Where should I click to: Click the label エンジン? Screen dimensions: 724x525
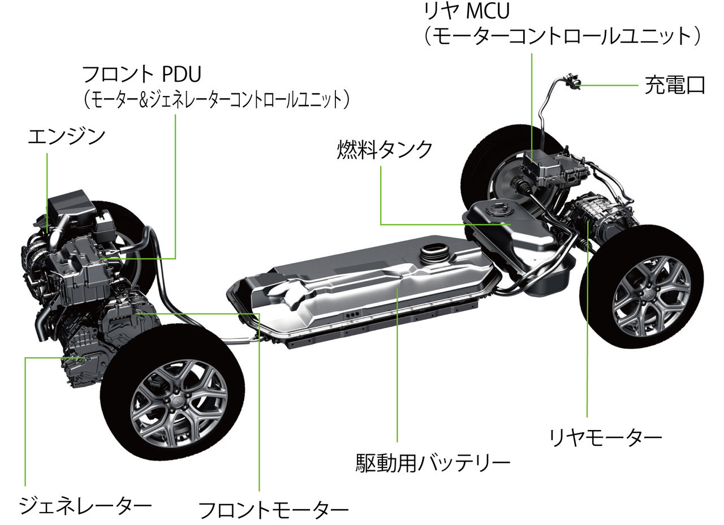(x=67, y=137)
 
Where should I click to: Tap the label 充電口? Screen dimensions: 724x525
(x=675, y=85)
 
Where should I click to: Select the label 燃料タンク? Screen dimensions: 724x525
(x=385, y=150)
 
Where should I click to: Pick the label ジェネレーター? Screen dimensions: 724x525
(x=85, y=505)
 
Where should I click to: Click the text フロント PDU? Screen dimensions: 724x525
(x=141, y=74)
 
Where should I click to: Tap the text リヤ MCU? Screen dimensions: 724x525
(x=467, y=11)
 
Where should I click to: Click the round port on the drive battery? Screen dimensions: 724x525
(x=434, y=251)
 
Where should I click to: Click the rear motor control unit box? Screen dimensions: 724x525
(x=539, y=167)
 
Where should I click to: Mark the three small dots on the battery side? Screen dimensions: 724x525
(x=352, y=314)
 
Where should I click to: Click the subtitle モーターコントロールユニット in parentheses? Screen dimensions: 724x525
(x=562, y=36)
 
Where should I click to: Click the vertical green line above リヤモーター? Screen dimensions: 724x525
(x=588, y=319)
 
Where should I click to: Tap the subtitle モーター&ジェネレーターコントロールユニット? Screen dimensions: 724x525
(x=216, y=99)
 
